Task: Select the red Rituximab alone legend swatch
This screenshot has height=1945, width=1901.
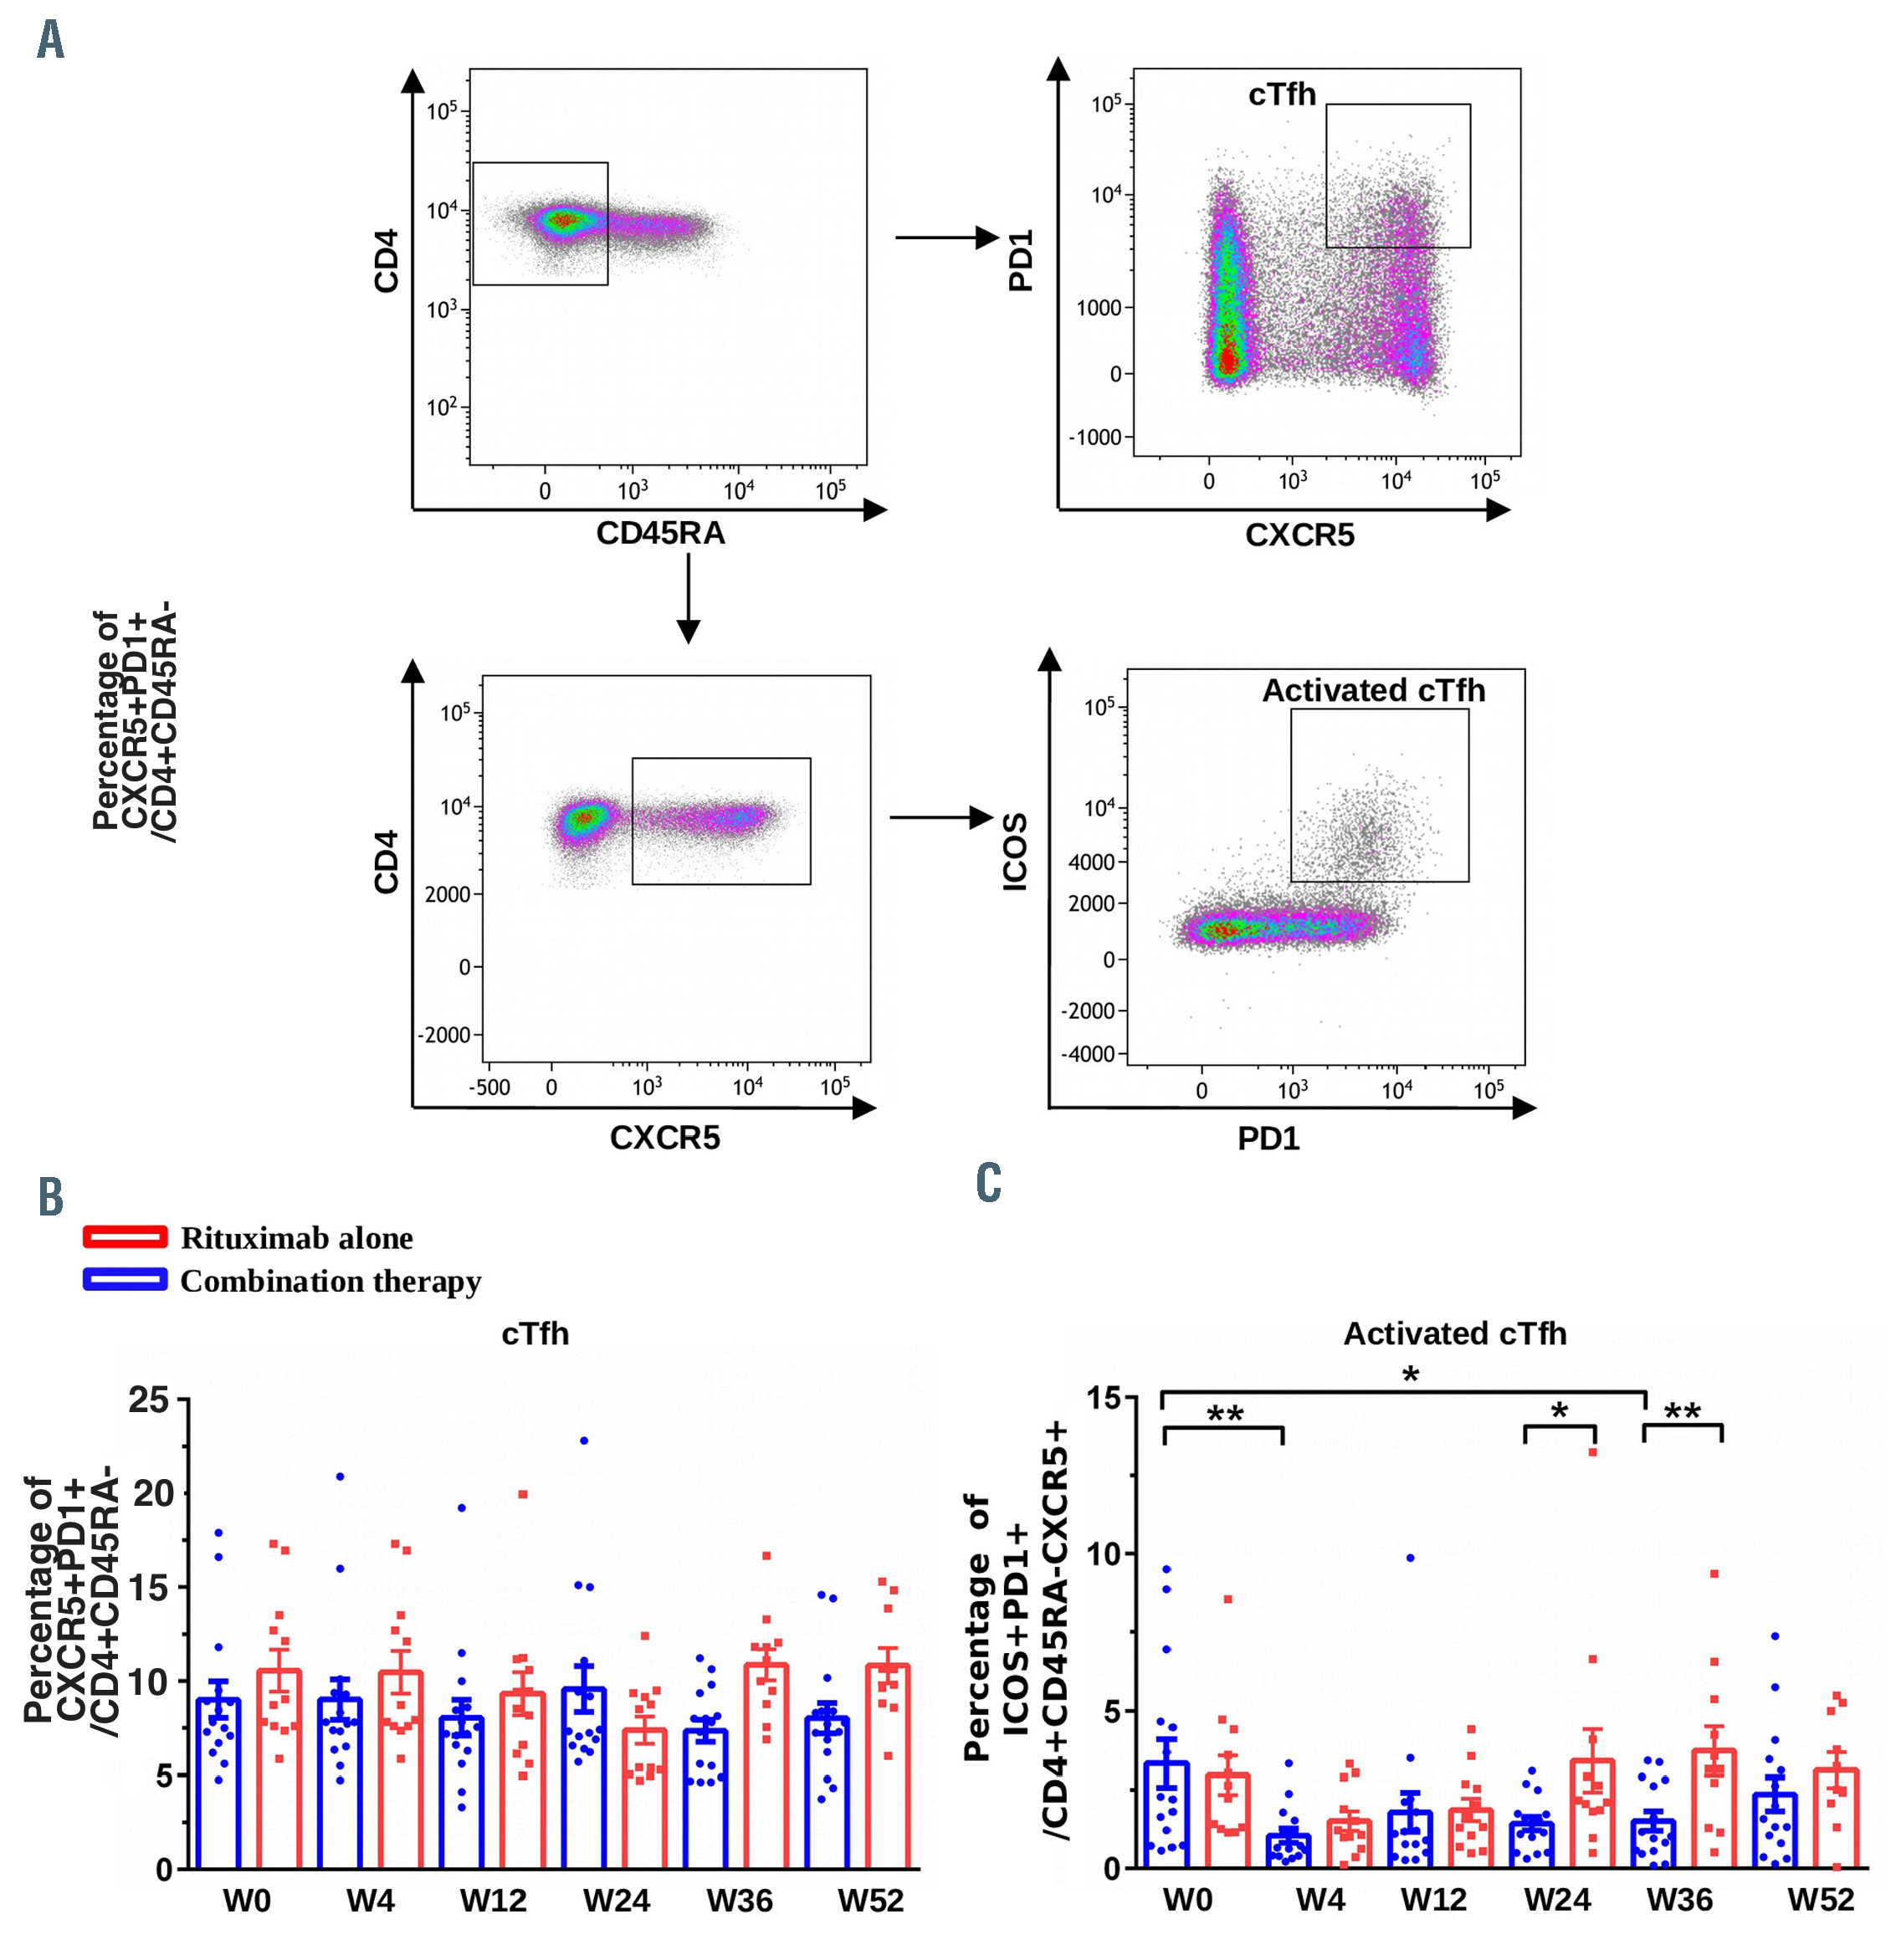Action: pyautogui.click(x=125, y=1237)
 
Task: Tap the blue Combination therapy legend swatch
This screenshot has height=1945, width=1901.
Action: pyautogui.click(x=125, y=1279)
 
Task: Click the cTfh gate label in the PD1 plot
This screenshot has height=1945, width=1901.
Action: pyautogui.click(x=1282, y=95)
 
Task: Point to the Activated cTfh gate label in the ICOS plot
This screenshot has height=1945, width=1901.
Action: pyautogui.click(x=1373, y=691)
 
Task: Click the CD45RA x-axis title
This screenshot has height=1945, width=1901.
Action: pyautogui.click(x=660, y=533)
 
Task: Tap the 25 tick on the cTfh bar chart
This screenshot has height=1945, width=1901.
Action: pyautogui.click(x=149, y=1400)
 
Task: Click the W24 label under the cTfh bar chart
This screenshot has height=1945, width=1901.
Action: pyautogui.click(x=616, y=1900)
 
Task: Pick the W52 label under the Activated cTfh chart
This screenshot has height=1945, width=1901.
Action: pyautogui.click(x=1820, y=1899)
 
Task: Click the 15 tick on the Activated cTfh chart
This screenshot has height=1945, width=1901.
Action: pyautogui.click(x=1104, y=1398)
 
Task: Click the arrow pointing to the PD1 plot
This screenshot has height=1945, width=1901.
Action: pyautogui.click(x=945, y=238)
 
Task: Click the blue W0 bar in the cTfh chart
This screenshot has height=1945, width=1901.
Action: pyautogui.click(x=218, y=1784)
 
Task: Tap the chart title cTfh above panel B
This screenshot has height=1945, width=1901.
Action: pyautogui.click(x=535, y=1334)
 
